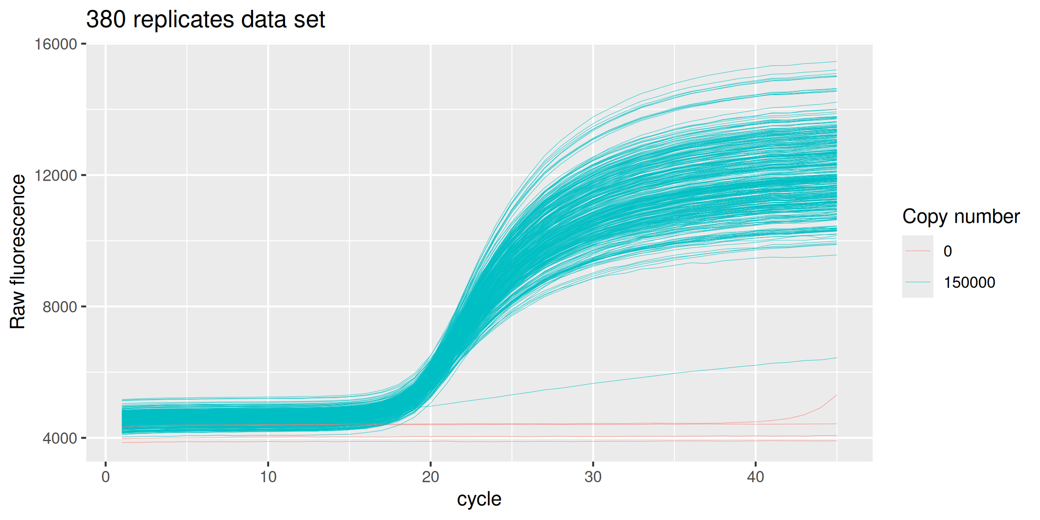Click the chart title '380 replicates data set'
[205, 20]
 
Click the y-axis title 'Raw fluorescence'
[18, 251]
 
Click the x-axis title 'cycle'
[479, 499]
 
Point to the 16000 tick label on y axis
[55, 44]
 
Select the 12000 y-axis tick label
[55, 175]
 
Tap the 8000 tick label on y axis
[59, 307]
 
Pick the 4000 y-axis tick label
[59, 438]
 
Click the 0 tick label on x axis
[106, 477]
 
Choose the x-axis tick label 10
[268, 477]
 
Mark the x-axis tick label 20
[430, 477]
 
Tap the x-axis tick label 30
[593, 477]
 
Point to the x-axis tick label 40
[755, 477]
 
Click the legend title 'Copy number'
[961, 217]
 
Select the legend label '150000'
[969, 283]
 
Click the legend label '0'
[948, 251]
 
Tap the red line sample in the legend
[918, 251]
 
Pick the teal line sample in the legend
[918, 282]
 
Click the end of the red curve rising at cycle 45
[836, 395]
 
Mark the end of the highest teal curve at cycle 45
[836, 62]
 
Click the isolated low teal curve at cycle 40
[755, 365]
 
